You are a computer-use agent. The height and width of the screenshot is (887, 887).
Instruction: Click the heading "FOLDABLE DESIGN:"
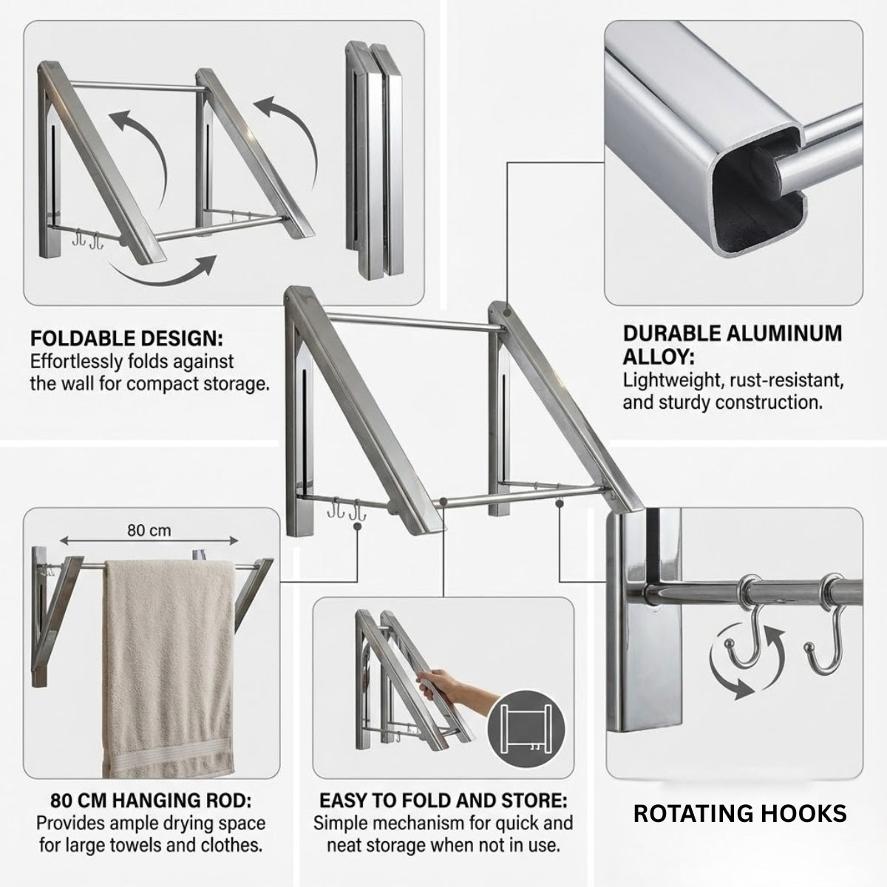click(126, 339)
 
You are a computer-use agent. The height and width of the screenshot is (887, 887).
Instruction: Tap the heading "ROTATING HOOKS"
click(740, 813)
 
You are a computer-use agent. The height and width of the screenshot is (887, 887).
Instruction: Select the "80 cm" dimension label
click(149, 530)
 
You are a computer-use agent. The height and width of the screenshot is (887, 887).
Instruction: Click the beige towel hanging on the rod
click(168, 667)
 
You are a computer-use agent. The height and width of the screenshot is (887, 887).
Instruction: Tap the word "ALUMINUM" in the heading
click(784, 333)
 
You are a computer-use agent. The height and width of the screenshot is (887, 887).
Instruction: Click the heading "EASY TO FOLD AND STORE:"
click(443, 801)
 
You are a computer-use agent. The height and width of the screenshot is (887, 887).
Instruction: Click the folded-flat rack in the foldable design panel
click(374, 160)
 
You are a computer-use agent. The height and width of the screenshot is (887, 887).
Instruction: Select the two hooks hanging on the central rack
click(346, 509)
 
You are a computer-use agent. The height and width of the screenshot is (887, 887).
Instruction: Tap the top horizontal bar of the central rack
click(412, 322)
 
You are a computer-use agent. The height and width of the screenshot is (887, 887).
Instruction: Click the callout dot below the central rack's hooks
click(357, 527)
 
